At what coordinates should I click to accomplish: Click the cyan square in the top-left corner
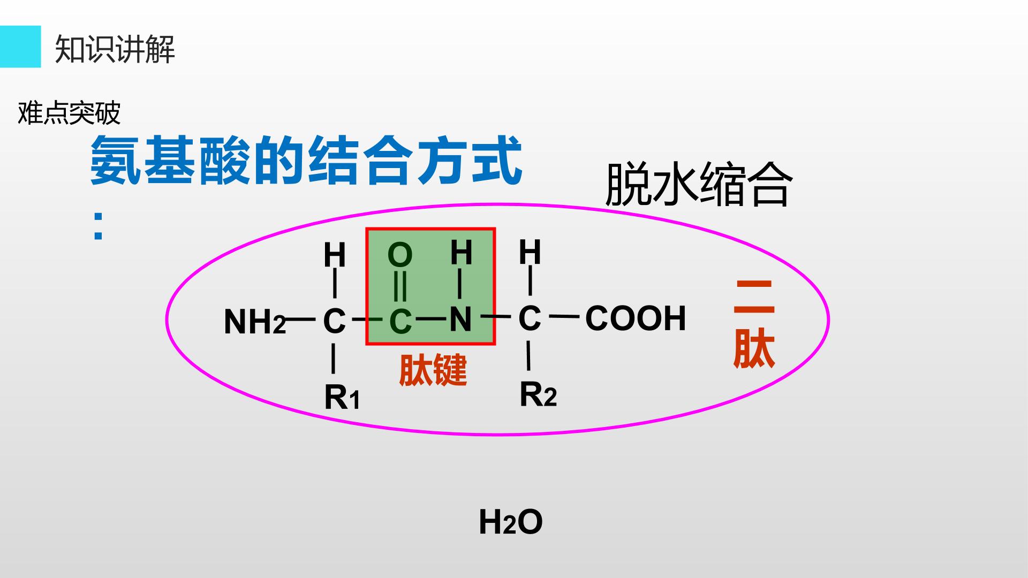pyautogui.click(x=20, y=47)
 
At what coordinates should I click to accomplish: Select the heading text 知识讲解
pyautogui.click(x=115, y=49)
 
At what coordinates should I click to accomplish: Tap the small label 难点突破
pyautogui.click(x=69, y=113)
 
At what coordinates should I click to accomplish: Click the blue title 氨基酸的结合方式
pyautogui.click(x=306, y=160)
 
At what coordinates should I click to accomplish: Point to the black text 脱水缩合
pyautogui.click(x=698, y=184)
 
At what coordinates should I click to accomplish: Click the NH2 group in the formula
pyautogui.click(x=255, y=322)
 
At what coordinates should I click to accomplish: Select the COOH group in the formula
pyautogui.click(x=636, y=318)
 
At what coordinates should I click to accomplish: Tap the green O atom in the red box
pyautogui.click(x=400, y=255)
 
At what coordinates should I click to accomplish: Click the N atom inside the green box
pyautogui.click(x=460, y=320)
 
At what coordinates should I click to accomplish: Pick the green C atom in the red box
pyautogui.click(x=400, y=322)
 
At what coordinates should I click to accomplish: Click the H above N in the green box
pyautogui.click(x=462, y=253)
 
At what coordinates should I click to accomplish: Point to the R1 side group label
pyautogui.click(x=342, y=398)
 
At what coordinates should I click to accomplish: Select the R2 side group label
pyautogui.click(x=538, y=395)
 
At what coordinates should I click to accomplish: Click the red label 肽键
pyautogui.click(x=433, y=370)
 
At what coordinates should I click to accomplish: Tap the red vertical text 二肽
pyautogui.click(x=754, y=324)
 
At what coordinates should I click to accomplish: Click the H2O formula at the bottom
pyautogui.click(x=511, y=522)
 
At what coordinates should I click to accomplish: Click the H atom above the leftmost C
pyautogui.click(x=335, y=255)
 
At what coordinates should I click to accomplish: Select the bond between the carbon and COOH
pyautogui.click(x=565, y=317)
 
